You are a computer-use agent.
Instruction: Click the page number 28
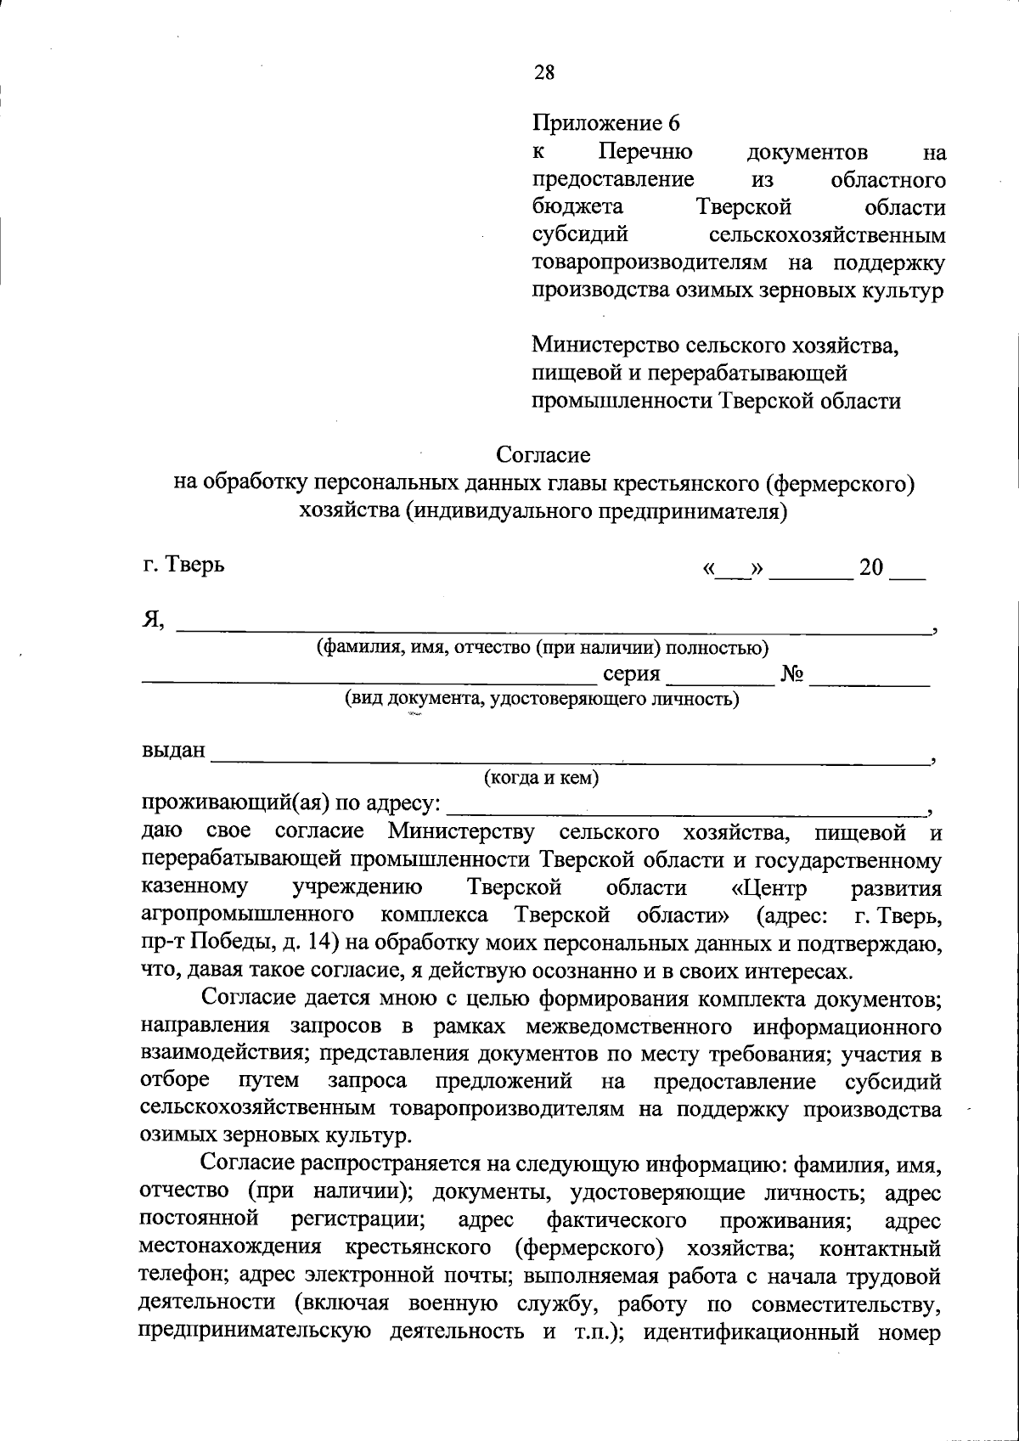click(544, 72)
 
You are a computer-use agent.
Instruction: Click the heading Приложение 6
click(606, 123)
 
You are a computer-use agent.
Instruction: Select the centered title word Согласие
click(543, 455)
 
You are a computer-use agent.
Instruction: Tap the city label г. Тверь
click(183, 564)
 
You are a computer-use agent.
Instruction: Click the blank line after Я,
click(552, 626)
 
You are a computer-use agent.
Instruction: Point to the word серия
click(631, 674)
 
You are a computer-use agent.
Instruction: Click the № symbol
click(791, 674)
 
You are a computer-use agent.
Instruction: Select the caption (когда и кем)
click(541, 778)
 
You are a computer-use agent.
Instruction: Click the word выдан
click(173, 751)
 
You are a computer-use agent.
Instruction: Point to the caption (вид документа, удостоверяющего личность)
click(541, 699)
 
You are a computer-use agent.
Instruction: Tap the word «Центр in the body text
click(769, 888)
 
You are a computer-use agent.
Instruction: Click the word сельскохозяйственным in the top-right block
click(826, 234)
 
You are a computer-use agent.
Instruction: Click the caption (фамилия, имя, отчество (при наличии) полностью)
click(543, 648)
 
